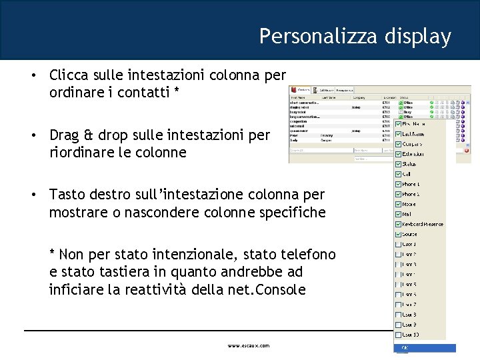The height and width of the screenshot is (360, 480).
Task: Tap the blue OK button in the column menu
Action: click(425, 348)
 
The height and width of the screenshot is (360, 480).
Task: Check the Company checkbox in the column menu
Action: click(399, 144)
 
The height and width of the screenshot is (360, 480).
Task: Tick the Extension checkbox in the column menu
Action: click(399, 154)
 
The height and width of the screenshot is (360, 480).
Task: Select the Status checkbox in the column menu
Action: click(399, 164)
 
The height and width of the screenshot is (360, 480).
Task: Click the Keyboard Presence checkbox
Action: click(399, 224)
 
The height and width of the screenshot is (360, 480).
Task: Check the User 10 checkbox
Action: click(399, 335)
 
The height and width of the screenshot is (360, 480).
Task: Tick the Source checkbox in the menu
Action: click(399, 234)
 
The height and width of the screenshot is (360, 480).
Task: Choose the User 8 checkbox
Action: click(399, 315)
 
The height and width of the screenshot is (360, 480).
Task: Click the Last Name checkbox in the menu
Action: click(399, 134)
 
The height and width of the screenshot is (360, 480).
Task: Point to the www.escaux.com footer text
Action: click(249, 346)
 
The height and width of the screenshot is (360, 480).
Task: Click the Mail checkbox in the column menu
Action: click(399, 214)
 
